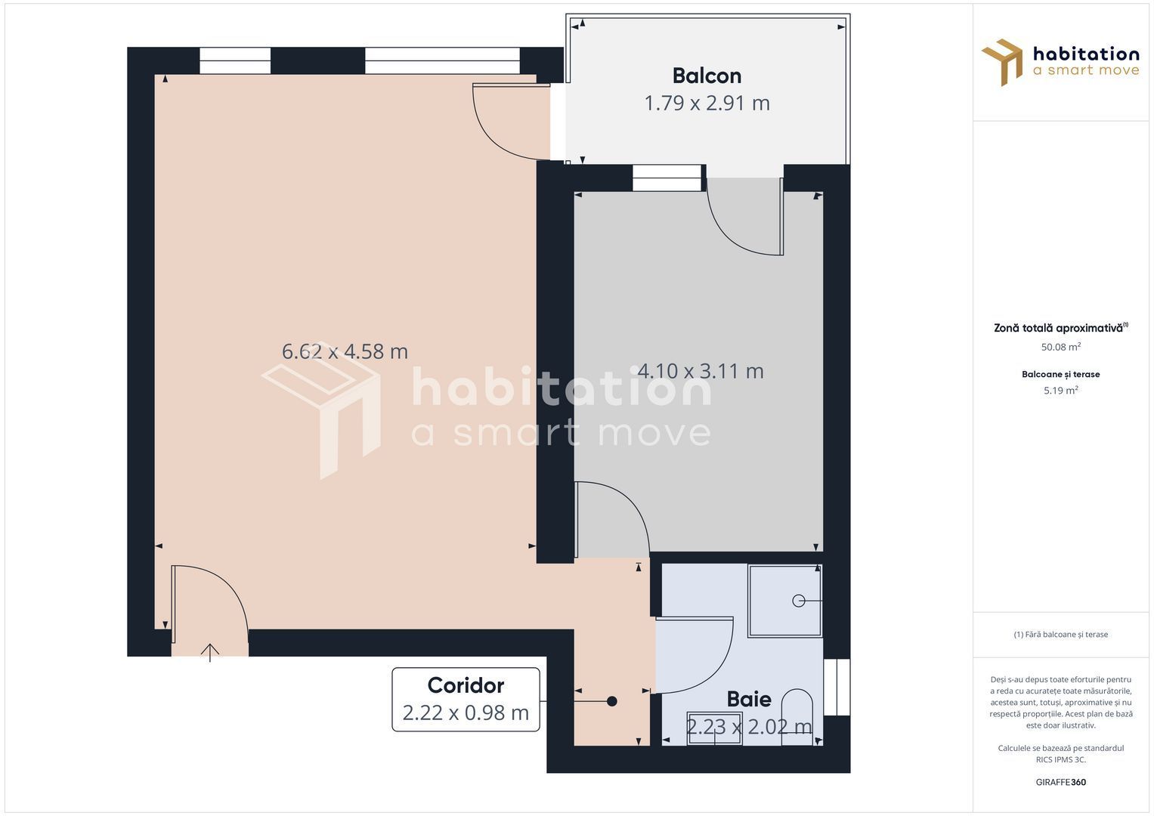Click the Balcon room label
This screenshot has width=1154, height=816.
(707, 76)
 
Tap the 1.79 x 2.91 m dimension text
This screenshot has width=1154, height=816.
(707, 103)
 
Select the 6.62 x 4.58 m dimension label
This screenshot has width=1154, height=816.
(345, 351)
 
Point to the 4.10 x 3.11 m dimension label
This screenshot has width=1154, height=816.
(701, 371)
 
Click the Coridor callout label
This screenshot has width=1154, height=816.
(466, 685)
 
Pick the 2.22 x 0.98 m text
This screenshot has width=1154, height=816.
(466, 712)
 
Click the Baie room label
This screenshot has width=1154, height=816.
(749, 699)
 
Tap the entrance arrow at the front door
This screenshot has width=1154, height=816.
(210, 652)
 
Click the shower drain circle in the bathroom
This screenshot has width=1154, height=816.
(799, 601)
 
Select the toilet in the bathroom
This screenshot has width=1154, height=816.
(797, 714)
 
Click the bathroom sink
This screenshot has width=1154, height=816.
(714, 728)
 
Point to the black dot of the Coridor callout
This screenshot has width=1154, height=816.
(612, 701)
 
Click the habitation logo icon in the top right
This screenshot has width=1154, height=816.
(1002, 62)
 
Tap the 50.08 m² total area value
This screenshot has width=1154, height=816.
(1060, 348)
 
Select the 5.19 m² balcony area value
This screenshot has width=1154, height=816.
(1060, 391)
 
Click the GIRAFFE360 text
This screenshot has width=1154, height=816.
(1060, 782)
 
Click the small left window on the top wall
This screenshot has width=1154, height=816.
(235, 61)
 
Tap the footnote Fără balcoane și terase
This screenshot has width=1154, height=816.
(1060, 635)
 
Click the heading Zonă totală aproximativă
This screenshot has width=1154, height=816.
(1059, 328)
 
